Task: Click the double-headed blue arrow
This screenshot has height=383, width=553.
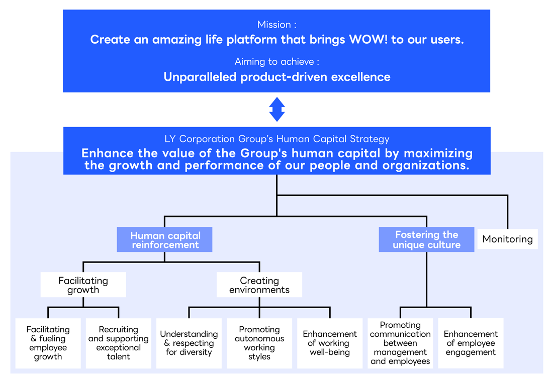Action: pyautogui.click(x=277, y=109)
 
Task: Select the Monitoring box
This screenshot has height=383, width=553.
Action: pyautogui.click(x=507, y=239)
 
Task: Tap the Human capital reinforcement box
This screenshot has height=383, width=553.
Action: pyautogui.click(x=165, y=240)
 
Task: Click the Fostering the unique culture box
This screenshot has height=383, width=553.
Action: pyautogui.click(x=426, y=240)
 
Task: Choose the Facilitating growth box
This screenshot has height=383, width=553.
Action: pyautogui.click(x=83, y=285)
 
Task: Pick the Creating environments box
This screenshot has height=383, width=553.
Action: pyautogui.click(x=259, y=285)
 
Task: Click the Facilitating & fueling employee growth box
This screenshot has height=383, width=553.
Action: pyautogui.click(x=48, y=343)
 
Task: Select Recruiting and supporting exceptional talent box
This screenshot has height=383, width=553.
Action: pyautogui.click(x=118, y=343)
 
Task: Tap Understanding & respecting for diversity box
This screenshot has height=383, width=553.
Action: pyautogui.click(x=189, y=343)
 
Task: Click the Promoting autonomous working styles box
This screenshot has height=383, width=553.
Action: pyautogui.click(x=259, y=343)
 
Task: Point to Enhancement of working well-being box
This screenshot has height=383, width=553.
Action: pyautogui.click(x=330, y=343)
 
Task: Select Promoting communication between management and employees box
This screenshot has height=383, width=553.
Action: pyautogui.click(x=400, y=343)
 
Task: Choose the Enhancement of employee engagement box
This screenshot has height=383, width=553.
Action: pyautogui.click(x=471, y=343)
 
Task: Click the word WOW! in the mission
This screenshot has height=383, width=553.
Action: pyautogui.click(x=368, y=40)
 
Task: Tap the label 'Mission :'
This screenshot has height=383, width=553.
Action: pyautogui.click(x=276, y=25)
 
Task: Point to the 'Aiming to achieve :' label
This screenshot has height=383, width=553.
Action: pyautogui.click(x=276, y=62)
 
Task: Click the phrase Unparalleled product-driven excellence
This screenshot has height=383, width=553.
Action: pyautogui.click(x=276, y=77)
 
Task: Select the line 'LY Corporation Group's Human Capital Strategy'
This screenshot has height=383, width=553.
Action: pyautogui.click(x=276, y=139)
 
